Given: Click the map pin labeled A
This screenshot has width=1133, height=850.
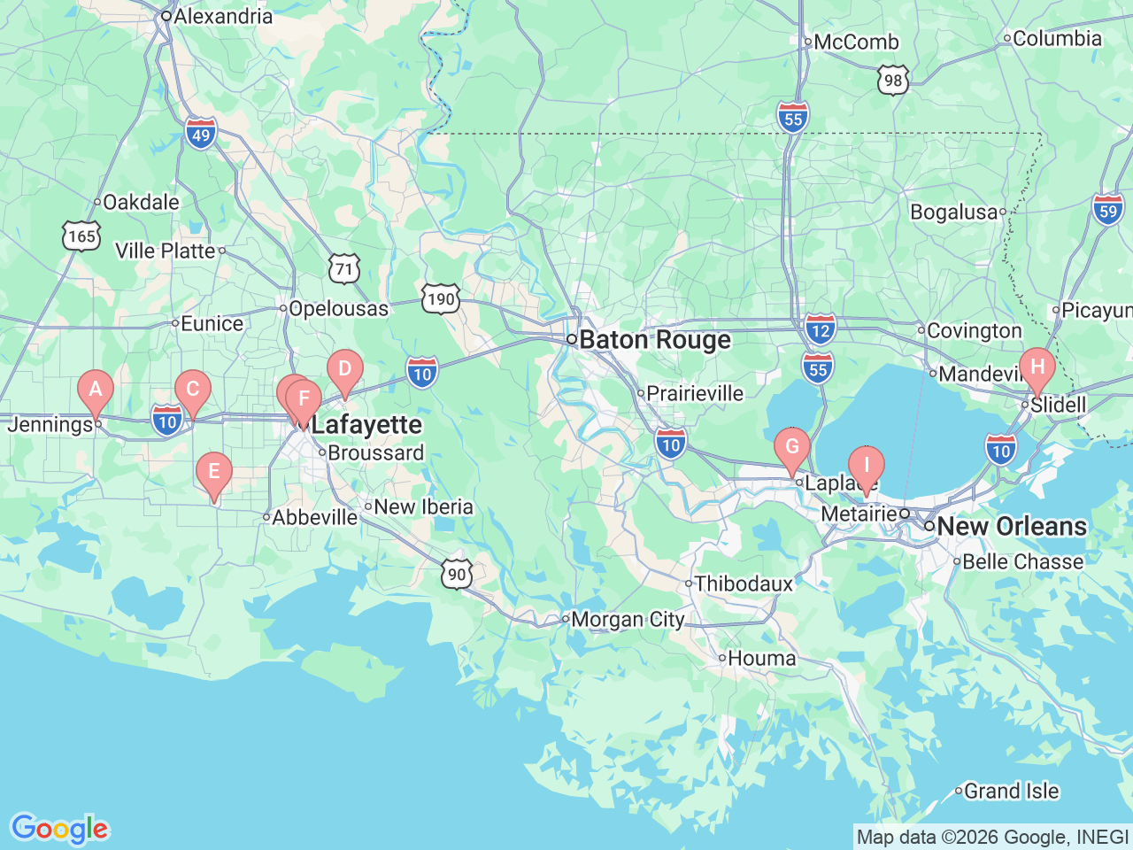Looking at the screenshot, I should click(x=96, y=390).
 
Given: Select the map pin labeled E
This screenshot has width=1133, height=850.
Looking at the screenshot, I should click(x=213, y=472).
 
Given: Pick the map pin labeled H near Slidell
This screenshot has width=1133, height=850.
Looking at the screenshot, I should click(x=1037, y=367).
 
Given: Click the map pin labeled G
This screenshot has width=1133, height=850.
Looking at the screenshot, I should click(x=791, y=447).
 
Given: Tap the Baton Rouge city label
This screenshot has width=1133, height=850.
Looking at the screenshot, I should click(x=654, y=340).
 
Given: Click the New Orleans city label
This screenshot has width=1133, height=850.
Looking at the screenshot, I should click(x=1011, y=526).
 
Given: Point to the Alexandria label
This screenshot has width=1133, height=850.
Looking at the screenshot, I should click(x=222, y=16).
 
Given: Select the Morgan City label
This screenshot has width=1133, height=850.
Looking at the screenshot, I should click(x=627, y=619).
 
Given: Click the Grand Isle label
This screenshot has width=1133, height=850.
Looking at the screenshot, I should click(x=1010, y=791).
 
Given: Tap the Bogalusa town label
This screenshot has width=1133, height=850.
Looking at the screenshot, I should click(x=954, y=212).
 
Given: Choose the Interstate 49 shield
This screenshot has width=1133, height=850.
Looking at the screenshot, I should click(x=202, y=134).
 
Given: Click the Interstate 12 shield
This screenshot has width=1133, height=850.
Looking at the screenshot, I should click(x=821, y=329).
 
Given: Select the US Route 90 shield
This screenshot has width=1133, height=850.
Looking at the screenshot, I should click(x=457, y=574).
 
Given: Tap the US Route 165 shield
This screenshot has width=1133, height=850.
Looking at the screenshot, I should click(x=81, y=236).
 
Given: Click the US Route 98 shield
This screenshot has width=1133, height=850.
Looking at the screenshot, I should click(x=893, y=80).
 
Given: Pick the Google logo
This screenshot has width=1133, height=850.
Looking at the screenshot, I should click(x=59, y=829).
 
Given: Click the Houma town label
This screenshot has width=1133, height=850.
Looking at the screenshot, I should click(x=761, y=658).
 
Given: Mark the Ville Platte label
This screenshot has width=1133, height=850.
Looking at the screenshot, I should click(x=166, y=251).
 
